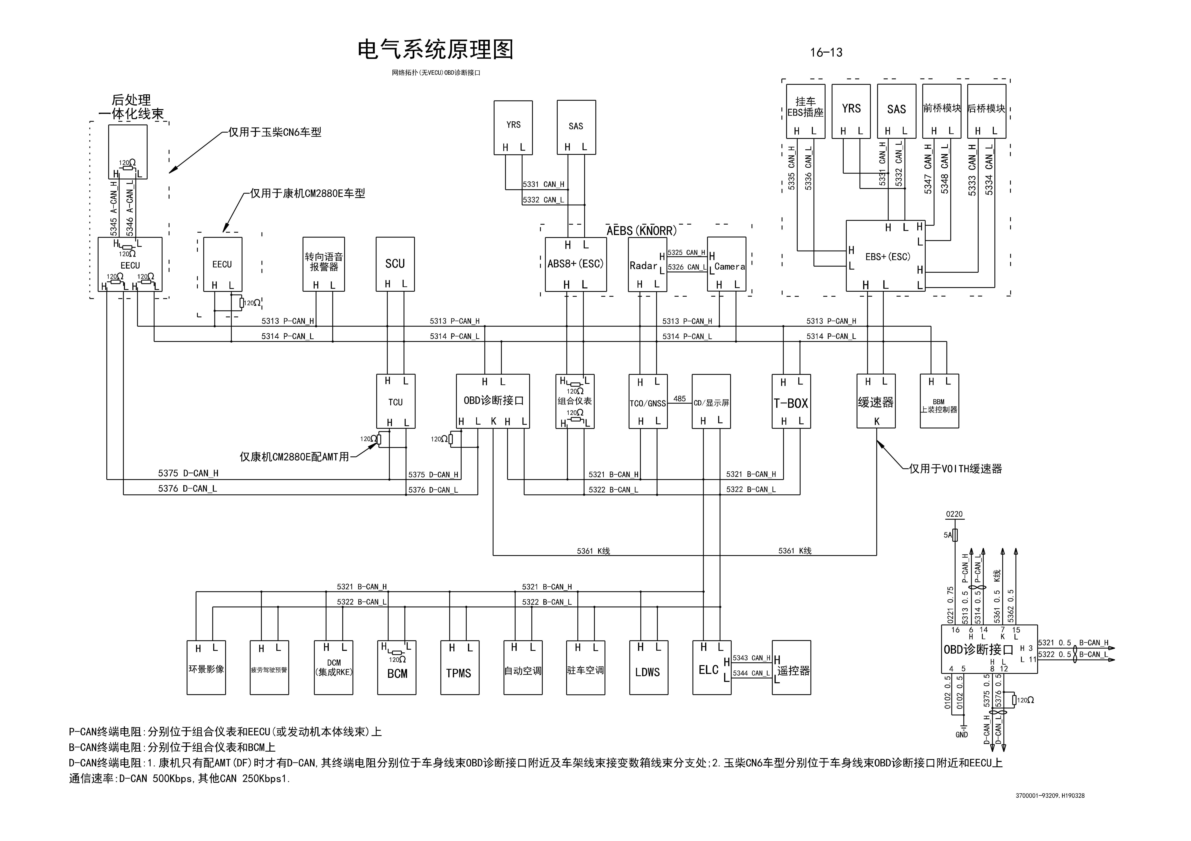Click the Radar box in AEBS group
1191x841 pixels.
(646, 264)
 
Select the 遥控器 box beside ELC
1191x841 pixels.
(792, 668)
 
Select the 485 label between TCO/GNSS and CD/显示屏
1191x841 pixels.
(680, 399)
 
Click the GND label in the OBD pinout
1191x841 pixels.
(961, 734)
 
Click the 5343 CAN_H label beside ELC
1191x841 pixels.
(751, 658)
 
